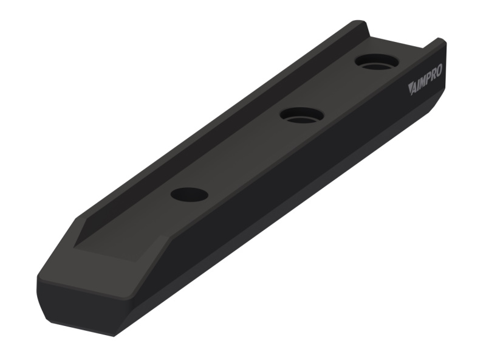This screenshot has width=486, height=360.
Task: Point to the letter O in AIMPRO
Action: (439, 71)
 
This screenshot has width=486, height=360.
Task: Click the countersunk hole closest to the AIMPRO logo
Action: (376, 62)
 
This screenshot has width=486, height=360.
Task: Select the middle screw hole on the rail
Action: (301, 115)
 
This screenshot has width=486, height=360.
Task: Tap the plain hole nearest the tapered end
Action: (190, 195)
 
